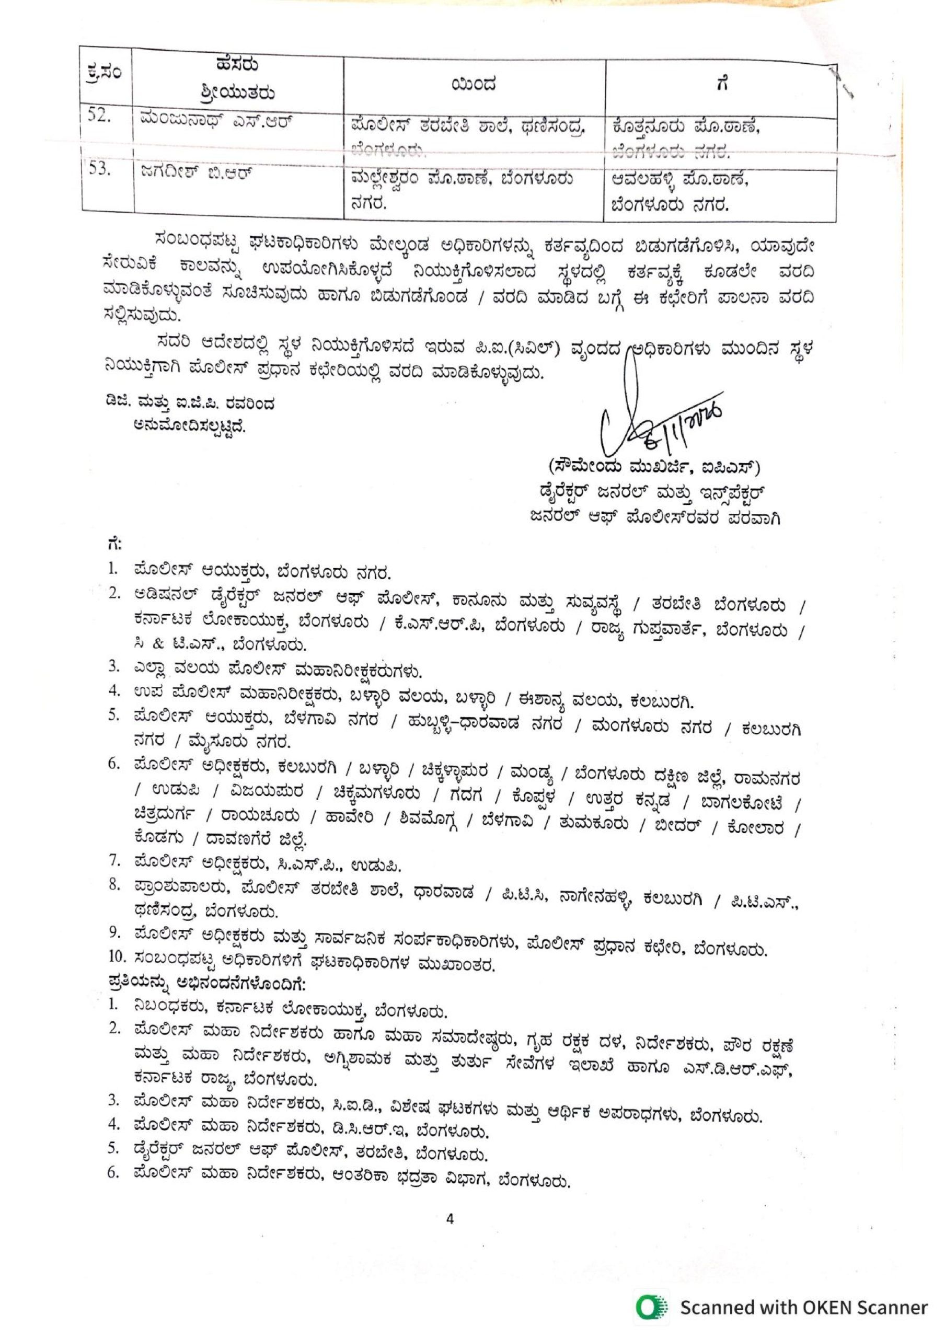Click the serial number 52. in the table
[x=100, y=117]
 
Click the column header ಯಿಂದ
[x=473, y=85]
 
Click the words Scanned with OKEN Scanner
[x=803, y=1307]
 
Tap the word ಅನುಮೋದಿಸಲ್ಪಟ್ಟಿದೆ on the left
[x=190, y=426]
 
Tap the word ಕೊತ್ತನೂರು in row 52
[x=645, y=126]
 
